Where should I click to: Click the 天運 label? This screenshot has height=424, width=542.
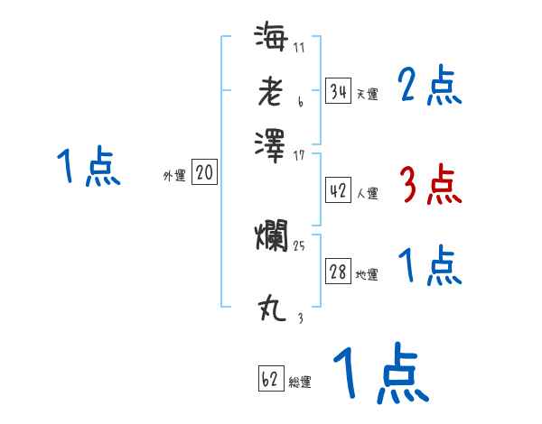tap(367, 94)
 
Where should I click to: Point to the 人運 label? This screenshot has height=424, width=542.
tap(367, 193)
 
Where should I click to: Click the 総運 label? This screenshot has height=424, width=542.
tap(300, 383)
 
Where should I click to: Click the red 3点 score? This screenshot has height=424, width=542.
tap(430, 186)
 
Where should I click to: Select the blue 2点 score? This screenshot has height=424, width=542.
tap(430, 87)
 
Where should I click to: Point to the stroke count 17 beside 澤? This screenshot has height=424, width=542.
tap(300, 154)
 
